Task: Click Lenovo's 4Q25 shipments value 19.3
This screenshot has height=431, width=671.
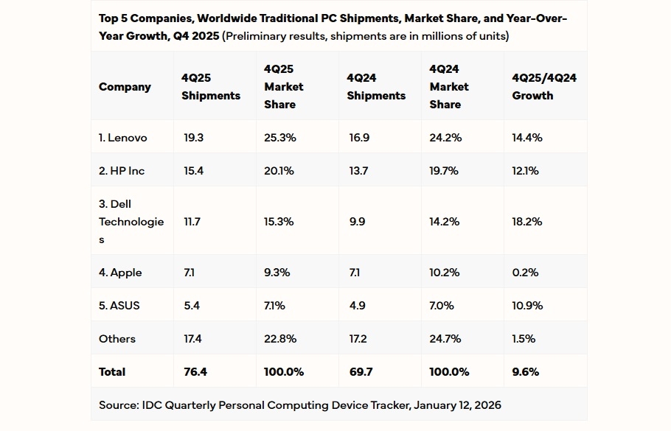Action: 193,138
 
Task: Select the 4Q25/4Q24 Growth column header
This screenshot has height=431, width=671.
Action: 544,86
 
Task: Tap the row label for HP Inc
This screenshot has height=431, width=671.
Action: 122,171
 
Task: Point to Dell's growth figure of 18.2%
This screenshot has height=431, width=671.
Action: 526,221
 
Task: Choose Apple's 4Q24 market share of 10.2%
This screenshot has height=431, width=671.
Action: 444,273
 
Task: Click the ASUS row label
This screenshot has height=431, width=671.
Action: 119,306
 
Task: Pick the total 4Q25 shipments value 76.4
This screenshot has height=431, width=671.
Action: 195,372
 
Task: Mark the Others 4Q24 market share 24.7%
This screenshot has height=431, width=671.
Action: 445,339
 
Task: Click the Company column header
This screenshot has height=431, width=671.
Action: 125,87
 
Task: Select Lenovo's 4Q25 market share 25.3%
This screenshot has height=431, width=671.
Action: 280,138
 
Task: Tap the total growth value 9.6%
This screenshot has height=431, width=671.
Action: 525,372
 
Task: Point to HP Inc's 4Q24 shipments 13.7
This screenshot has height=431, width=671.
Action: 357,171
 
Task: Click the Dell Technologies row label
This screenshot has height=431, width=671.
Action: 131,221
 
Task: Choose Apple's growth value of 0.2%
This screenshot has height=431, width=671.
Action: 525,273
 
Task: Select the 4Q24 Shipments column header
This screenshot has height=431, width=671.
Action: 376,86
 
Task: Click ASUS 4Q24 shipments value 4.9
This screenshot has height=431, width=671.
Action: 356,306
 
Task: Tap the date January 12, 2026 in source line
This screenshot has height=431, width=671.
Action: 457,405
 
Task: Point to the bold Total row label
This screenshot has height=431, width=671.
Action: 112,372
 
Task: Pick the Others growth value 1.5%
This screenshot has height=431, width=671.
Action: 524,339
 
